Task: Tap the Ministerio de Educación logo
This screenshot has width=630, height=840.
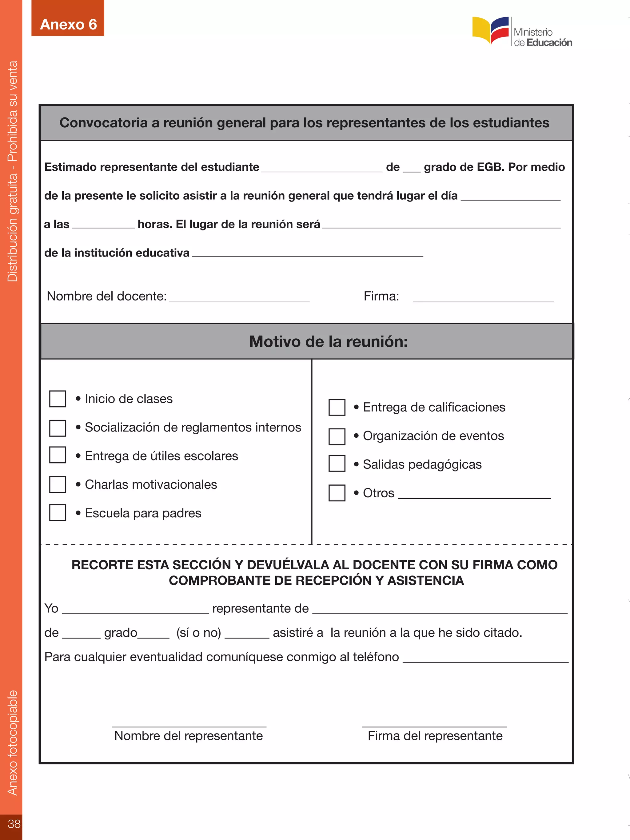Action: [522, 32]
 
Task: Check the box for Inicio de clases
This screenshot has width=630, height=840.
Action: [58, 399]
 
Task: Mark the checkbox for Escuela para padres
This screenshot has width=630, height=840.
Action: [58, 513]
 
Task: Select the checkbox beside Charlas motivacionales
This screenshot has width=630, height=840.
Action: [58, 484]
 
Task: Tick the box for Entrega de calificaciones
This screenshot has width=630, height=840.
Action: [337, 407]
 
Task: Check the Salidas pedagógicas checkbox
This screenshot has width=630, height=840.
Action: [337, 464]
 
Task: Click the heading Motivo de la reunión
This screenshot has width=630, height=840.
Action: [328, 341]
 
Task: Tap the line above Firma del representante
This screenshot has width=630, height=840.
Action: [434, 726]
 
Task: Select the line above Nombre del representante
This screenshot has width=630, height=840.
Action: [189, 726]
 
